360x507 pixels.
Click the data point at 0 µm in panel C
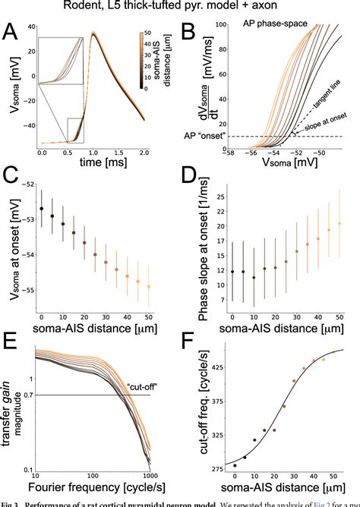point(41,208)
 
